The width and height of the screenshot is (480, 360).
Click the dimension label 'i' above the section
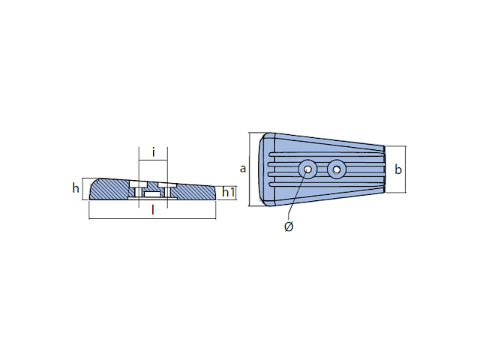[154, 153]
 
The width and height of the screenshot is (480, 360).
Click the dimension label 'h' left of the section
[76, 188]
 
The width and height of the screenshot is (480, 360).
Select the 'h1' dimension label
[229, 193]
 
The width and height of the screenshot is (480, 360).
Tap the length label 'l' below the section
[153, 211]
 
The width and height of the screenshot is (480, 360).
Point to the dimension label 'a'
[242, 169]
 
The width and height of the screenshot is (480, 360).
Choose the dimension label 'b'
[398, 170]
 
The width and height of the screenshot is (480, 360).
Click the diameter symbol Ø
[289, 227]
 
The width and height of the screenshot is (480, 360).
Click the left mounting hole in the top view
[307, 169]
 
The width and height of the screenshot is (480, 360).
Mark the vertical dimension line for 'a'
[249, 169]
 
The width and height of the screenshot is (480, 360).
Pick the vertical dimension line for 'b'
[406, 170]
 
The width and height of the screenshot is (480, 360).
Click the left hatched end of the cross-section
[109, 190]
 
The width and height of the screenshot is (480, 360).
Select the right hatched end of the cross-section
[195, 193]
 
